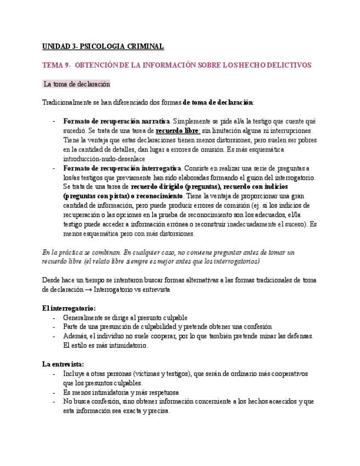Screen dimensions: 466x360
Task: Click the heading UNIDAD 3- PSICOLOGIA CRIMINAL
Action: click(x=103, y=47)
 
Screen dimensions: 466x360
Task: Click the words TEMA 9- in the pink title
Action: click(x=56, y=65)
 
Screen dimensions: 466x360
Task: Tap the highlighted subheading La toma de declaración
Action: click(x=76, y=84)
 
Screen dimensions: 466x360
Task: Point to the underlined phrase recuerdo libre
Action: click(x=177, y=130)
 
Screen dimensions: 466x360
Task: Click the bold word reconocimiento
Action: click(x=157, y=196)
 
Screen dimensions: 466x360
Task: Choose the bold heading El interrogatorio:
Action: click(x=69, y=308)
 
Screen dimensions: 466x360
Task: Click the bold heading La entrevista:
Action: click(x=63, y=364)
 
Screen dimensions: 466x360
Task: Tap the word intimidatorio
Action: click(x=125, y=346)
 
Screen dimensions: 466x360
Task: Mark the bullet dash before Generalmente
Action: click(x=54, y=318)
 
